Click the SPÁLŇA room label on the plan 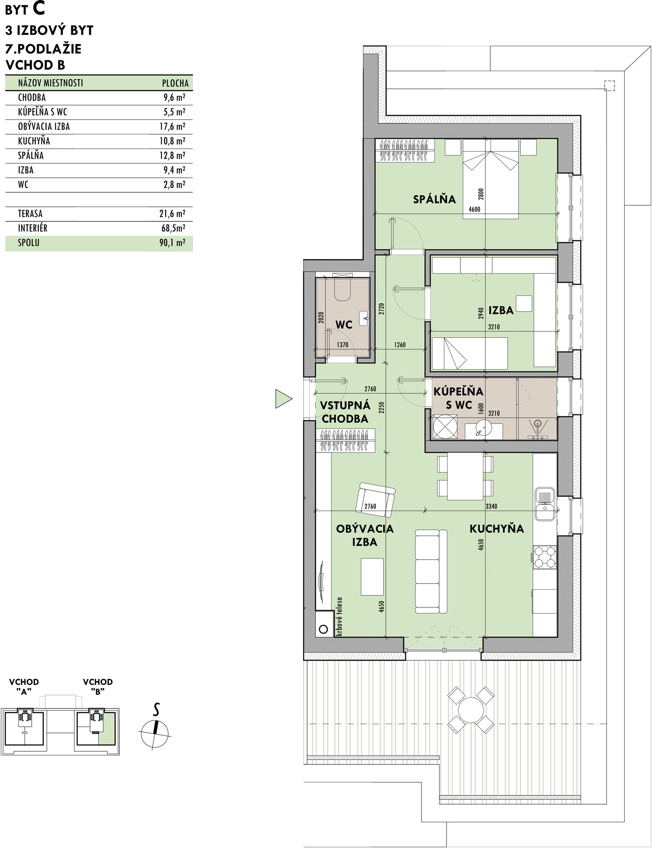tap(434, 199)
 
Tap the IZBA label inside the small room tap(501, 310)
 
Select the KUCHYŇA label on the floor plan tap(497, 529)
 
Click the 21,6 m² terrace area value tap(173, 214)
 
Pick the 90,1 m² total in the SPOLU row tap(173, 243)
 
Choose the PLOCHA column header tap(175, 83)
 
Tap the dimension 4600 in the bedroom tap(475, 210)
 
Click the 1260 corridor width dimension tap(400, 345)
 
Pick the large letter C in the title tap(38, 9)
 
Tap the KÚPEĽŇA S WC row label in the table tap(43, 112)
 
